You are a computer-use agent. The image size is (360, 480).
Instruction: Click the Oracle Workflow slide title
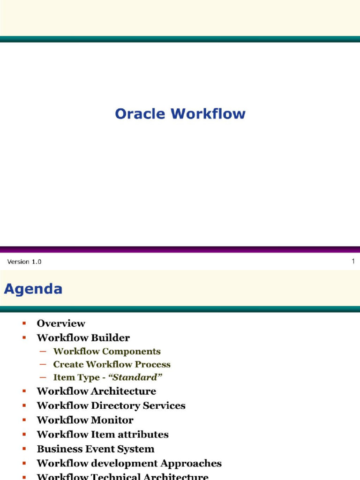180,113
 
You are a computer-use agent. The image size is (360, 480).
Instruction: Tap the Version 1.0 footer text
24,262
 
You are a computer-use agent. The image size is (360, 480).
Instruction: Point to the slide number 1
353,261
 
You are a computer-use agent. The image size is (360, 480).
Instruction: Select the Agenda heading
33,289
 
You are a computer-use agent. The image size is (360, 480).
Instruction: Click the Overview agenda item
61,323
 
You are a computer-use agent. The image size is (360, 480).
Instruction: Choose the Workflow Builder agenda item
83,337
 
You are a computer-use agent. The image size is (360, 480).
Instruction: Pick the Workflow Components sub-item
107,351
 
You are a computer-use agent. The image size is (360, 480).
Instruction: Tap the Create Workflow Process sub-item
112,364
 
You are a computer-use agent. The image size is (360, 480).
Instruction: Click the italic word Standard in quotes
135,377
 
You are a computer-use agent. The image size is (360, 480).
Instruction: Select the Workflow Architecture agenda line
97,391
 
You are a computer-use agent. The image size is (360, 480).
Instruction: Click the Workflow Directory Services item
111,405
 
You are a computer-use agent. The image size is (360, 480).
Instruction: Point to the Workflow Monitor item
85,420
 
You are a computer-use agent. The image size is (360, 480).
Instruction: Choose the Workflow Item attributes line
103,435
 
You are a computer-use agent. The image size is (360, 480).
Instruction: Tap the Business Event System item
96,449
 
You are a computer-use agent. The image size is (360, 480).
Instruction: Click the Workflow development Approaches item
129,464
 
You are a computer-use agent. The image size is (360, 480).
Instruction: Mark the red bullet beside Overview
24,323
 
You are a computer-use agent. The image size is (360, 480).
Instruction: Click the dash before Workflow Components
43,352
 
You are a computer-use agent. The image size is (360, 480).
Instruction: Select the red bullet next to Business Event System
24,449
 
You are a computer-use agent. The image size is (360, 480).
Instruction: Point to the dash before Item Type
43,377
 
